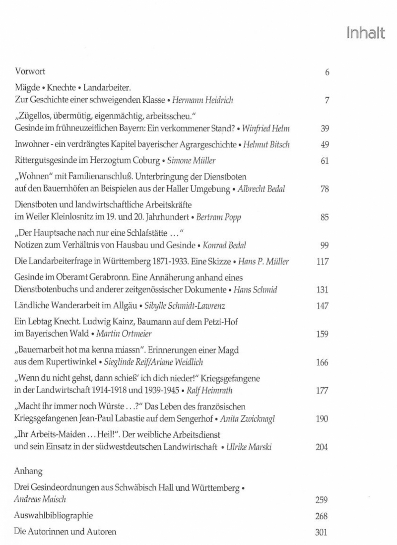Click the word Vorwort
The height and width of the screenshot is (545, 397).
[x=31, y=72]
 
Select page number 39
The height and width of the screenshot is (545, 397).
[x=326, y=129]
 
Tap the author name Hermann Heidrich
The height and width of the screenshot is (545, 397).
[x=202, y=100]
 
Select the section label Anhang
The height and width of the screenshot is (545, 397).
[x=28, y=468]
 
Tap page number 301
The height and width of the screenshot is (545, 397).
[x=322, y=531]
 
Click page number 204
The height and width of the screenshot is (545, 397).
[x=322, y=447]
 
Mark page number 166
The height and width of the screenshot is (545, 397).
[x=322, y=362]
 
